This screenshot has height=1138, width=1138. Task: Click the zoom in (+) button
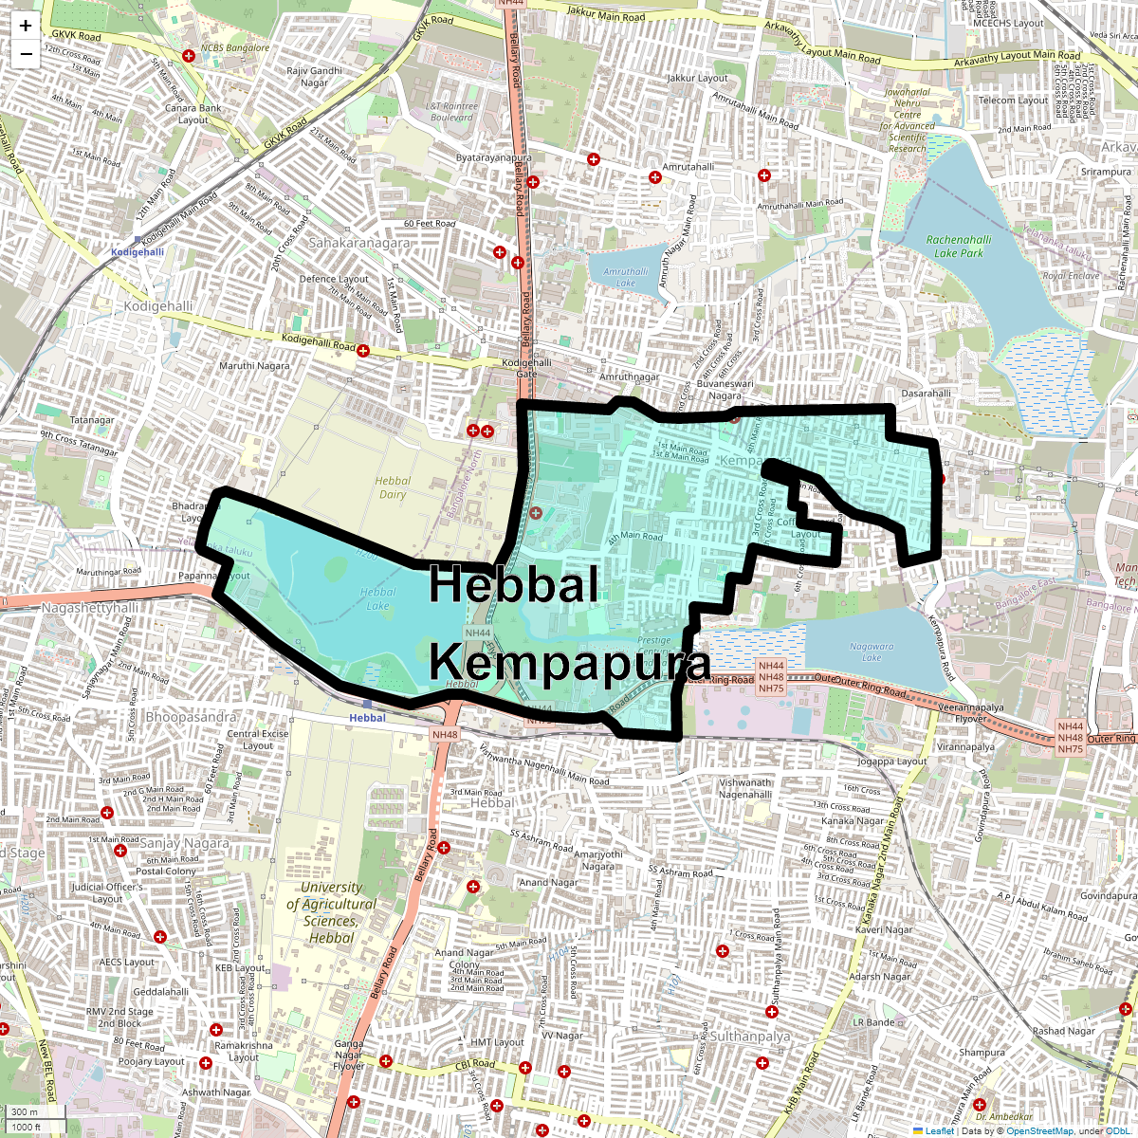[26, 27]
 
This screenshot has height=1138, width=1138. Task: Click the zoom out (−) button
[26, 54]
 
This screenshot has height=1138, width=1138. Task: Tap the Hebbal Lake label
[377, 598]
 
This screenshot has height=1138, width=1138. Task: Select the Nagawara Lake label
[872, 652]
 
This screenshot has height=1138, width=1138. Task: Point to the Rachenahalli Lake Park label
[959, 247]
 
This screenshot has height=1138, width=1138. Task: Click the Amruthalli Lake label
[626, 277]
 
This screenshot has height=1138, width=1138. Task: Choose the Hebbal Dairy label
[393, 487]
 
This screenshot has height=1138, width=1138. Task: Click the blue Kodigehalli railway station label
[138, 252]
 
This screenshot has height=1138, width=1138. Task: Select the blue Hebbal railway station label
[367, 718]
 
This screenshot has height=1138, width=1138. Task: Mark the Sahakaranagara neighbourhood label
[359, 243]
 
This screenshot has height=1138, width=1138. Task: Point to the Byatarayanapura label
[494, 157]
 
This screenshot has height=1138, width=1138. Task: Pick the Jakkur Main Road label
[606, 15]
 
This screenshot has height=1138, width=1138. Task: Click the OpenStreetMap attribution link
[1039, 1130]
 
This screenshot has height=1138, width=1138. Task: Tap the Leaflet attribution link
[939, 1130]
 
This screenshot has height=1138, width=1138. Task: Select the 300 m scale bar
[27, 1111]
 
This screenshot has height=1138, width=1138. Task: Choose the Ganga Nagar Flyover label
[349, 1055]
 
